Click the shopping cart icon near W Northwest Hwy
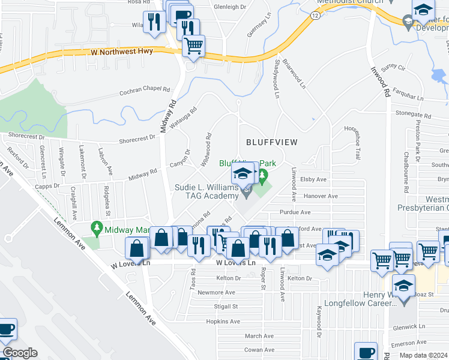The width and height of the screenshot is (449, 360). [193, 46]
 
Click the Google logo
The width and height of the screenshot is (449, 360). [20, 353]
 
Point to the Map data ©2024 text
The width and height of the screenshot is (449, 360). [423, 355]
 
